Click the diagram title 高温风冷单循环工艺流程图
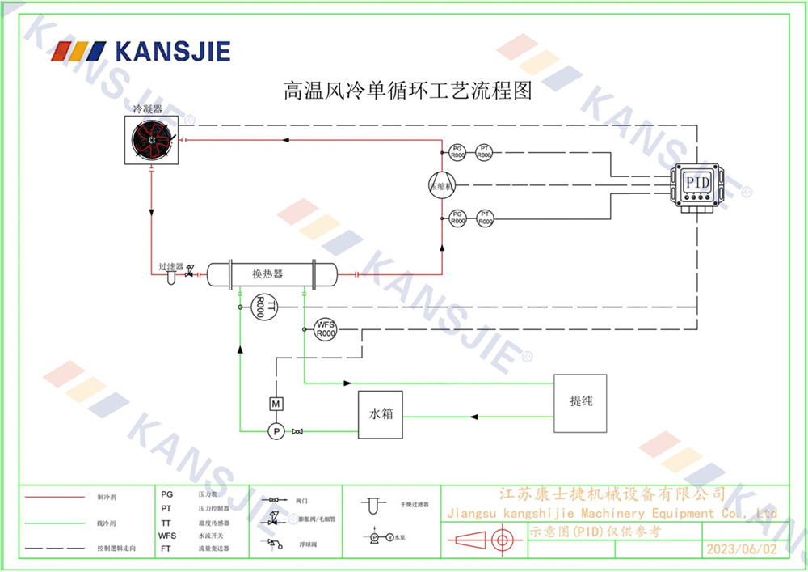407,90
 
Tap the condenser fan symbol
154,140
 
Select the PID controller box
697,184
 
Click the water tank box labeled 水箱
381,414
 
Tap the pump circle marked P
276,431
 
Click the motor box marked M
276,404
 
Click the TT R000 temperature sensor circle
263,307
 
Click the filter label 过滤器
170,266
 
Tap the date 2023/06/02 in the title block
740,549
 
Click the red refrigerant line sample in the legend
55,497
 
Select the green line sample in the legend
55,523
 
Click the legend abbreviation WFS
167,536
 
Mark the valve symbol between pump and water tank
297,431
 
